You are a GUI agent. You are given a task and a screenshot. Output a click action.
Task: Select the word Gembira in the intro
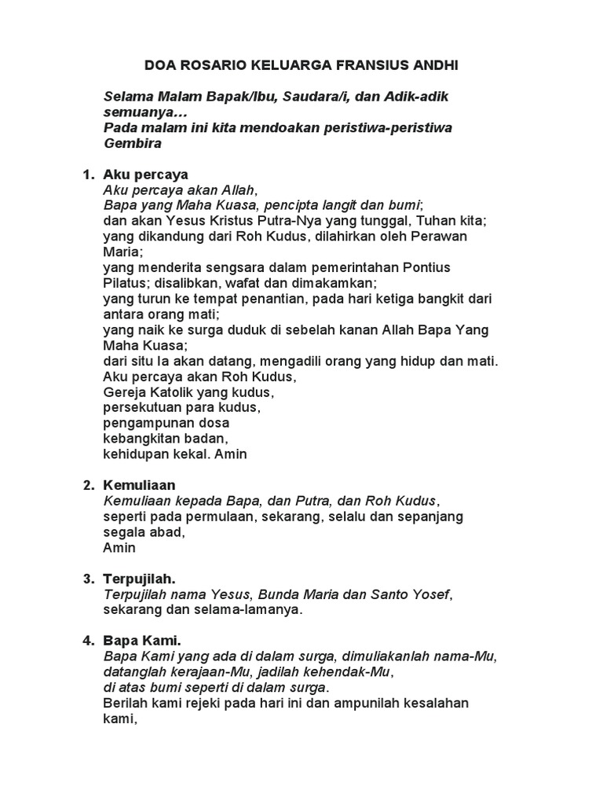[133, 143]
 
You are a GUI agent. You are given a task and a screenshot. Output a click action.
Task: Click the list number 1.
[88, 174]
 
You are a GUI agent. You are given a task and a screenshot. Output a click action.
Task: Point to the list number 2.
[88, 485]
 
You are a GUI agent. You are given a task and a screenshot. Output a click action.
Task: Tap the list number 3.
[88, 579]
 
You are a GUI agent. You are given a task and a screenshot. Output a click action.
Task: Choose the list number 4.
[88, 641]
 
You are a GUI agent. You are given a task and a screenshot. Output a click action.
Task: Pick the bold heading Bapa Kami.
[142, 641]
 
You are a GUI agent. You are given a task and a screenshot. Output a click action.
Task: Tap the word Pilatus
[126, 283]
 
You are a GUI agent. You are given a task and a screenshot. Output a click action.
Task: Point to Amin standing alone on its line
[119, 547]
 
